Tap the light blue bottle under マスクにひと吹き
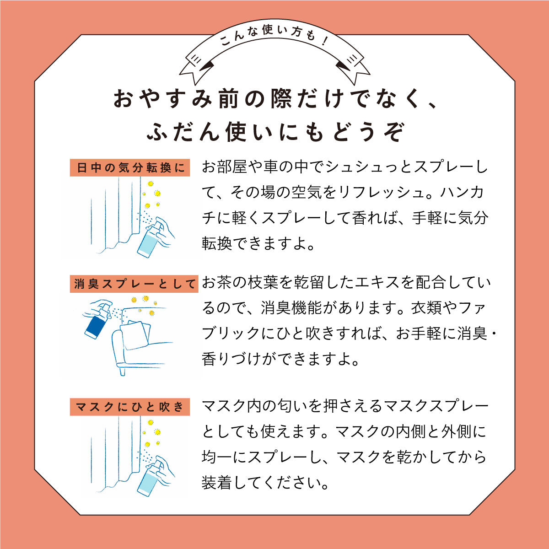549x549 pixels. (149, 480)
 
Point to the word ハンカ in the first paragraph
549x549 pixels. (462, 193)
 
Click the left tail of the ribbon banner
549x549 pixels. (194, 66)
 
